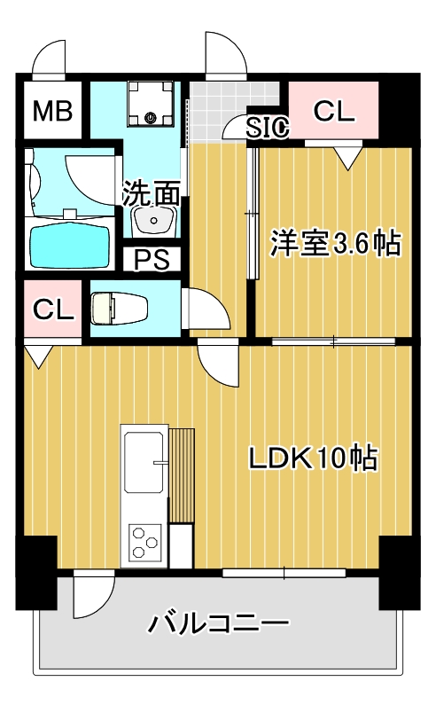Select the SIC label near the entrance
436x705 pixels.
point(268,129)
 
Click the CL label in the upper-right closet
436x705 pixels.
point(334,111)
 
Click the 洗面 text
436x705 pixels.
point(152,192)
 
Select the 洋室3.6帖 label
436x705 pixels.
point(334,243)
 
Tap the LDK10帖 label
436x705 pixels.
point(313,458)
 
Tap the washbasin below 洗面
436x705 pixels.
point(155,219)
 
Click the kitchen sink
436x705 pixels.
point(144,461)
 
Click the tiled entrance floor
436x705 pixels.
point(220,111)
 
